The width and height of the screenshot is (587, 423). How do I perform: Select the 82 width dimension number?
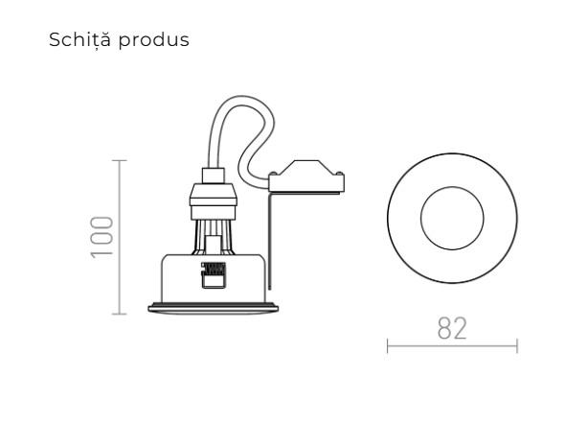pyautogui.click(x=452, y=326)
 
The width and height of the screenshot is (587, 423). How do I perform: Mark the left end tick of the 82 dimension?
pyautogui.click(x=388, y=345)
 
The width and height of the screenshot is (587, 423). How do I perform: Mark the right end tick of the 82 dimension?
pyautogui.click(x=516, y=345)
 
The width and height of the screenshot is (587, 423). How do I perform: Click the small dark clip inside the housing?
pyautogui.click(x=211, y=274)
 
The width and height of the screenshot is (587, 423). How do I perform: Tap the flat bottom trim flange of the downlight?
pyautogui.click(x=211, y=309)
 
